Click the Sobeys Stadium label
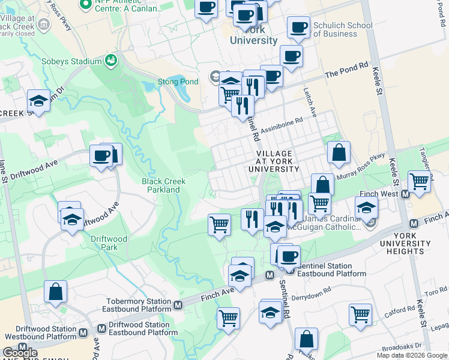coord(71,61)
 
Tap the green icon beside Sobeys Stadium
coord(110,61)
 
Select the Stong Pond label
coord(169,82)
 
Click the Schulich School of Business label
coord(343,30)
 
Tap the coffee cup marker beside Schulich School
coord(298,27)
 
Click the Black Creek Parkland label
coord(163,185)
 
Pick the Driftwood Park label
coord(109,242)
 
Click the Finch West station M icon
coord(405,194)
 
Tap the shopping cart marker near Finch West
coord(419,181)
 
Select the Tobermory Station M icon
coord(178,305)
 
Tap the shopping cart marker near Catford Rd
coord(360,314)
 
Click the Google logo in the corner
coord(20,352)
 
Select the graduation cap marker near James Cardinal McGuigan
coord(366,208)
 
